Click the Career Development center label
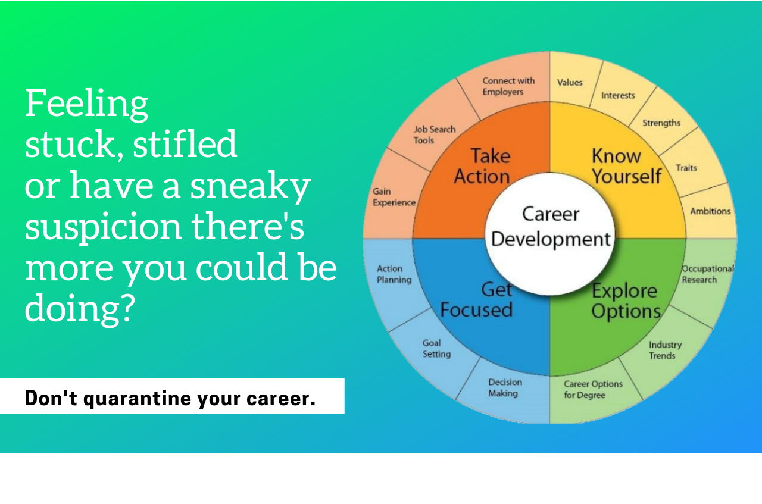click(x=551, y=227)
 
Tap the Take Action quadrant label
click(x=482, y=166)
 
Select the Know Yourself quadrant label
click(x=626, y=166)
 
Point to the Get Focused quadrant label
click(x=476, y=300)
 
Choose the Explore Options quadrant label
click(x=626, y=301)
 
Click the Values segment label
click(x=570, y=82)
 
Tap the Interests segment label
click(x=618, y=95)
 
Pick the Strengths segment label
click(x=661, y=123)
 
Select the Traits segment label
click(x=686, y=168)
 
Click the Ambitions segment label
click(x=710, y=211)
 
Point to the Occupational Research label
click(x=708, y=274)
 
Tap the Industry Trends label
click(x=665, y=350)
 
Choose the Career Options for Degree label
click(x=593, y=389)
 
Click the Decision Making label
click(x=505, y=388)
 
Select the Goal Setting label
click(x=436, y=349)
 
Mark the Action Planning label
click(x=394, y=274)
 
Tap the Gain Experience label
click(x=394, y=197)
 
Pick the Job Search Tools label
click(x=435, y=134)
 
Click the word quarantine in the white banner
click(x=137, y=399)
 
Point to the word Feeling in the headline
click(x=87, y=104)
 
